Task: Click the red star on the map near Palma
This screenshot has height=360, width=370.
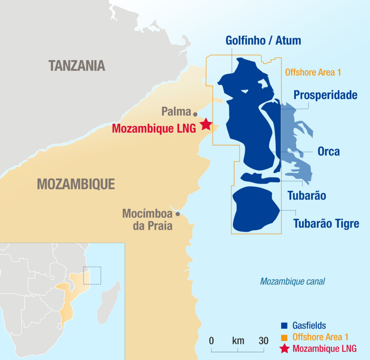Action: click(x=206, y=124)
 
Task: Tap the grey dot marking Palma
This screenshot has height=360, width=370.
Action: click(x=195, y=114)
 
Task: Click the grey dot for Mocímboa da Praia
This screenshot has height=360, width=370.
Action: click(x=178, y=214)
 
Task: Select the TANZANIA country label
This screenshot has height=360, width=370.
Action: click(x=77, y=66)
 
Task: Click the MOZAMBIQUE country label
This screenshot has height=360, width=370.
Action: click(x=76, y=184)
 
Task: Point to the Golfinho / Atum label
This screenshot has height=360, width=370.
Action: click(x=263, y=40)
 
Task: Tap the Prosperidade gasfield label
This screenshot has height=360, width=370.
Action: click(x=325, y=95)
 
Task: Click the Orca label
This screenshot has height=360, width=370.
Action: click(x=328, y=152)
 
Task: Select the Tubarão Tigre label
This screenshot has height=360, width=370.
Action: click(x=326, y=223)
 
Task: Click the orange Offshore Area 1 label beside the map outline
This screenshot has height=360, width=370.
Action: click(x=313, y=72)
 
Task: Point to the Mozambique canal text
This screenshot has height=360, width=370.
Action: click(x=292, y=281)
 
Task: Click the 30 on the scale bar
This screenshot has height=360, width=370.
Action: click(x=263, y=341)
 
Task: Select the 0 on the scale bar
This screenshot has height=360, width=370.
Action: click(x=212, y=341)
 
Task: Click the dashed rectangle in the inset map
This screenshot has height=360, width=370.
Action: click(x=92, y=275)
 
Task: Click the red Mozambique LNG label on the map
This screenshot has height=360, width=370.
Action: click(x=154, y=128)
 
